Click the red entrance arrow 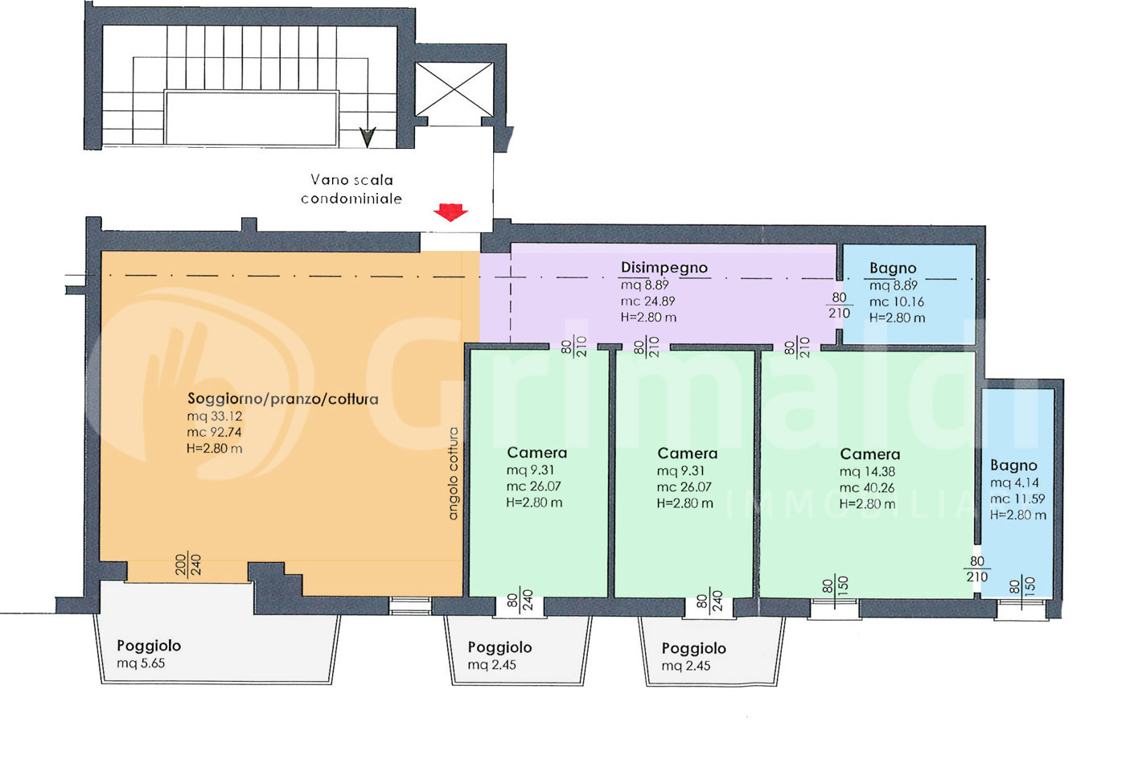tap(450, 212)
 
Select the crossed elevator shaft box tap(454, 89)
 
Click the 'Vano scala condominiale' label tap(351, 190)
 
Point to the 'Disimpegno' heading tap(664, 267)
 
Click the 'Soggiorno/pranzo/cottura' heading tap(282, 399)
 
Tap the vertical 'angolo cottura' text tap(453, 474)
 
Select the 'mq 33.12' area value tap(215, 417)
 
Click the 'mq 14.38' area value tap(867, 472)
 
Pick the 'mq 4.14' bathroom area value tap(1014, 483)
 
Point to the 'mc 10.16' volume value tap(897, 302)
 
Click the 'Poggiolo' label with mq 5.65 tap(149, 646)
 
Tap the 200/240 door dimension tap(188, 564)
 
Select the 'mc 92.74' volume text tap(214, 433)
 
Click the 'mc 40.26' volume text tap(867, 488)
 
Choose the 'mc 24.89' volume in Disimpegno tap(648, 302)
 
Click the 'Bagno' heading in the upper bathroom tap(894, 269)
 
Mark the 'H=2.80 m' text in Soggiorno tap(214, 449)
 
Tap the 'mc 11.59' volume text tap(1017, 499)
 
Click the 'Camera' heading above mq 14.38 tap(870, 454)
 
